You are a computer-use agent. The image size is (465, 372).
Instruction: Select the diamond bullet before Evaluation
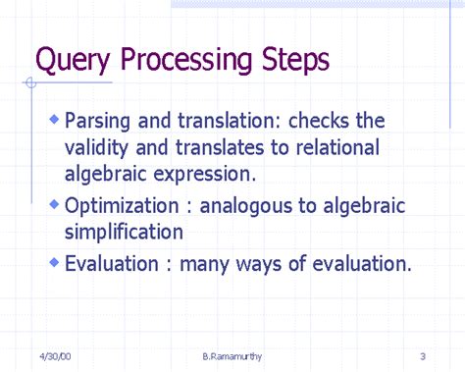coord(54,262)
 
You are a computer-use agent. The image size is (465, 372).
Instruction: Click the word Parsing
coord(97,122)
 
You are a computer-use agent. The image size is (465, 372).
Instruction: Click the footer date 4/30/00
coord(57,354)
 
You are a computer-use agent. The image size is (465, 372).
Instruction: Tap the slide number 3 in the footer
coord(421,354)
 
